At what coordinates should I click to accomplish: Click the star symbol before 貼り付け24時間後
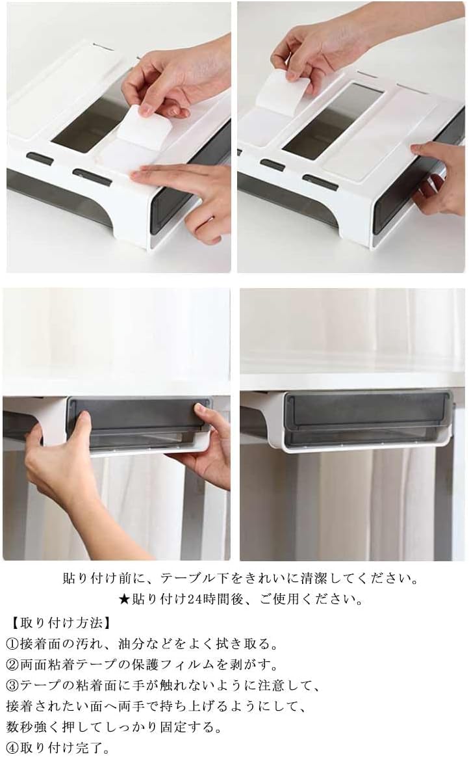coord(124,600)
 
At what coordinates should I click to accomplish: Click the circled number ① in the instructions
coord(12,644)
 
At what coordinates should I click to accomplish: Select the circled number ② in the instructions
coord(12,665)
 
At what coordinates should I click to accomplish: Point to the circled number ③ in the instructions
coord(12,685)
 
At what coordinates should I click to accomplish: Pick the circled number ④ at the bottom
coord(12,749)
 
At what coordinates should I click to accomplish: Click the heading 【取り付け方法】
coord(61,623)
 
